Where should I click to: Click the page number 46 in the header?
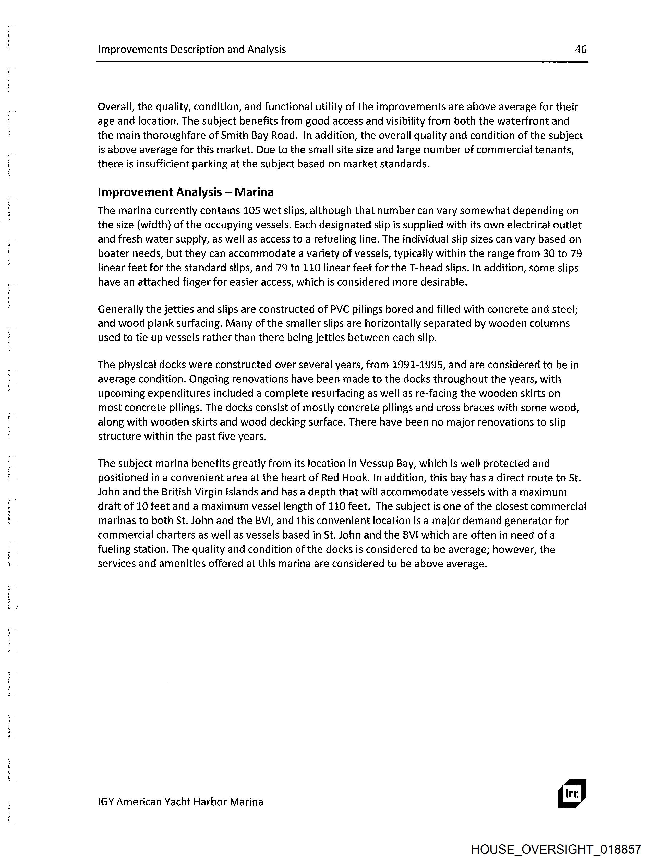point(581,49)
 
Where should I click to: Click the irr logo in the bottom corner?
point(572,794)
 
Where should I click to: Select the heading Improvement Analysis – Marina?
point(186,192)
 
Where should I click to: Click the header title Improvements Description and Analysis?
point(192,49)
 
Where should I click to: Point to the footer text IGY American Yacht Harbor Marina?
point(180,802)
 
